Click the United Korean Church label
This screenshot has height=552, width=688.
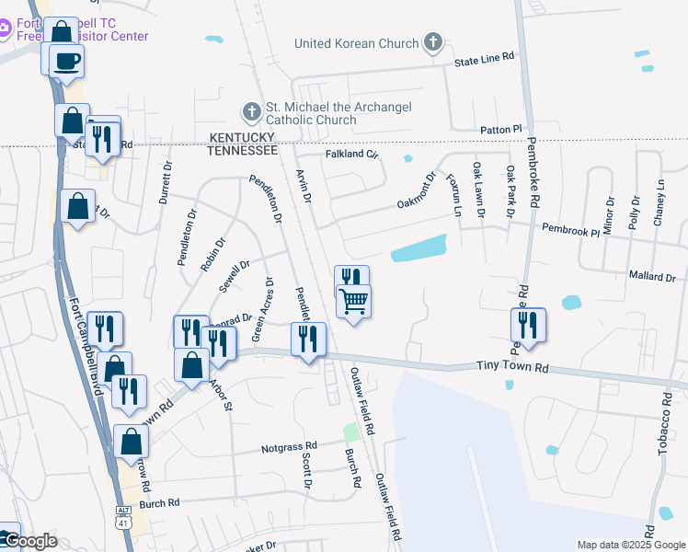(x=349, y=43)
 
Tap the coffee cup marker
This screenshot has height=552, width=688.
(x=66, y=62)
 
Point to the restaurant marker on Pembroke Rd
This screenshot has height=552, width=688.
(x=528, y=324)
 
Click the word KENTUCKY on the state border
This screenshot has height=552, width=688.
(x=242, y=136)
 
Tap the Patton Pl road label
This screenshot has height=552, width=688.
(x=500, y=130)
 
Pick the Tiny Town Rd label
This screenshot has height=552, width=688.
(x=511, y=367)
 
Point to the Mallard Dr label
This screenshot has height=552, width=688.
(x=652, y=276)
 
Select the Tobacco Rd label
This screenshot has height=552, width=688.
(x=665, y=418)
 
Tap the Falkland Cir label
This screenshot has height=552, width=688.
(x=352, y=155)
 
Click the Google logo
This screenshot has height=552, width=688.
(x=29, y=541)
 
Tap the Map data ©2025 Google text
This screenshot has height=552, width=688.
(x=630, y=545)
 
